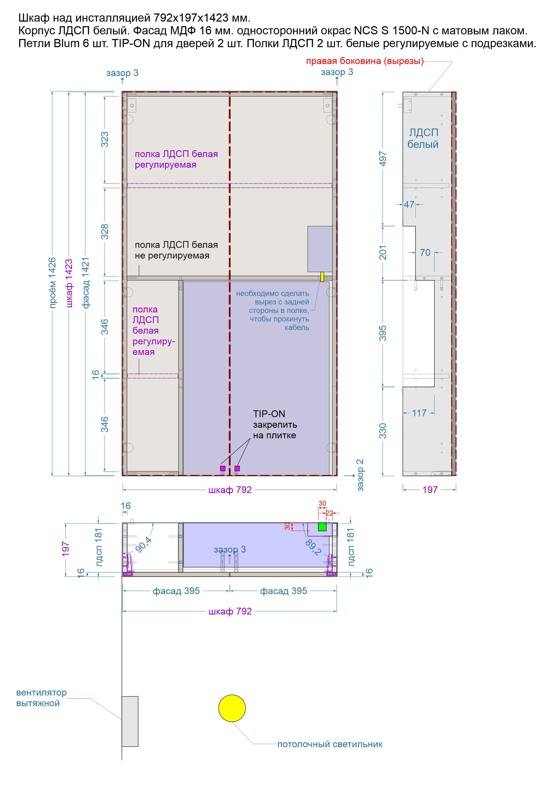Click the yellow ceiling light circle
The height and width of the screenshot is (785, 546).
tap(232, 708)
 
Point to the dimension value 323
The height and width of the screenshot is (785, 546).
tap(105, 139)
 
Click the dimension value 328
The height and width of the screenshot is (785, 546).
tap(105, 232)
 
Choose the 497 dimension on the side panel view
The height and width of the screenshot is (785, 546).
tap(383, 159)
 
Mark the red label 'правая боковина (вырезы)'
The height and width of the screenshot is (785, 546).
tap(365, 61)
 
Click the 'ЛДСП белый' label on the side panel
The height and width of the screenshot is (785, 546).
tap(423, 139)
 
